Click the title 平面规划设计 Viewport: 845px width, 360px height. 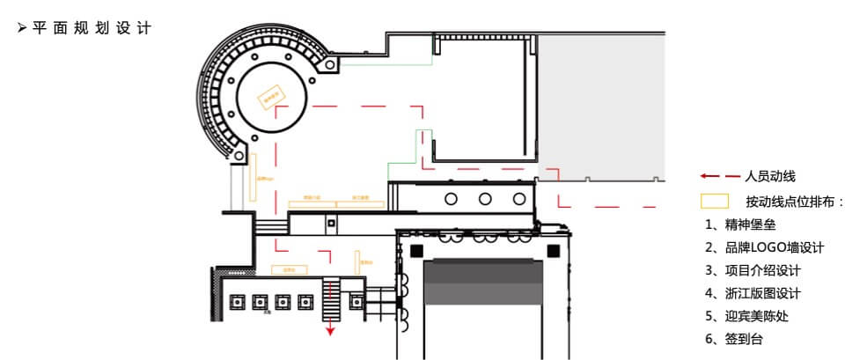(91, 27)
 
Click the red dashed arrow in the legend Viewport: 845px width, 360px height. (719, 177)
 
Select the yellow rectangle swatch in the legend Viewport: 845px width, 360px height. (714, 201)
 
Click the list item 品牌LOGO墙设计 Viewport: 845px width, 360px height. (763, 247)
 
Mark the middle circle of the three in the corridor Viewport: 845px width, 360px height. (484, 198)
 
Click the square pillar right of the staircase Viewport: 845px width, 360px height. (356, 302)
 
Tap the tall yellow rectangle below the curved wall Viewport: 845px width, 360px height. (253, 177)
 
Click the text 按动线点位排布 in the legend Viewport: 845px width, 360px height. (792, 202)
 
